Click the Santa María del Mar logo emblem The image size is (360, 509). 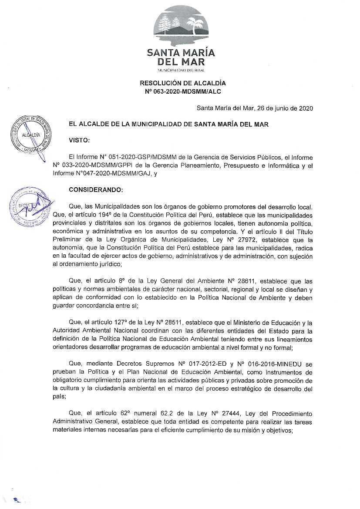181,26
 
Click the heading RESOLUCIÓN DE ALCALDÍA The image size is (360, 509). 183,83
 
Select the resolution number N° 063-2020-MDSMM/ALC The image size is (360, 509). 183,91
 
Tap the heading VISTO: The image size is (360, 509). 80,140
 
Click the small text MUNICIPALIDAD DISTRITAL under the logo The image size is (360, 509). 181,70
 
